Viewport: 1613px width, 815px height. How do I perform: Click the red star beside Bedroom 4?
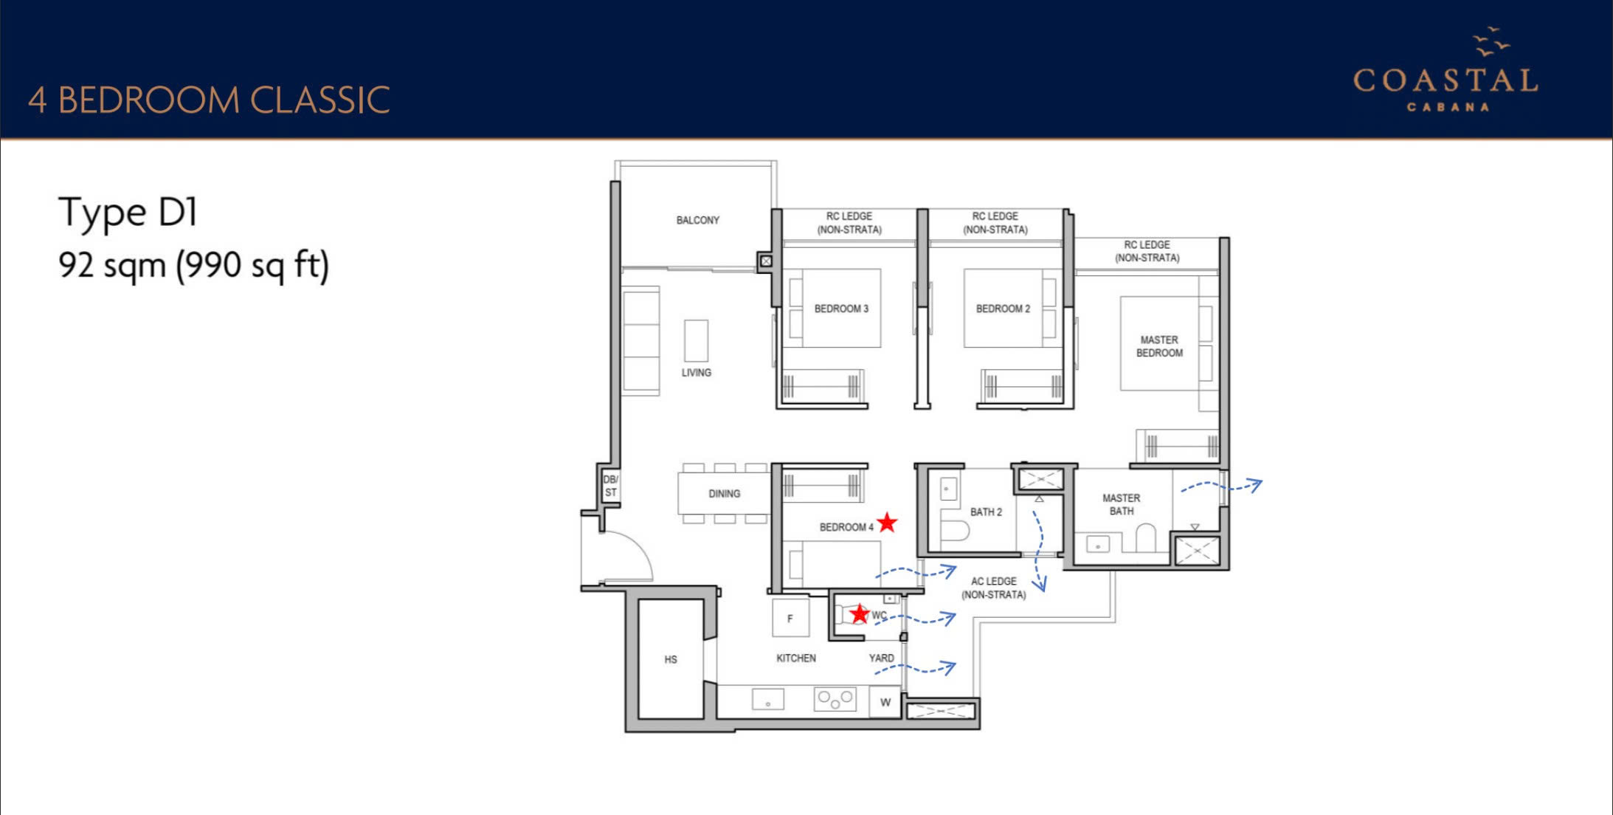point(887,523)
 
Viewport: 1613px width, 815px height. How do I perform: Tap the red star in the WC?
point(859,613)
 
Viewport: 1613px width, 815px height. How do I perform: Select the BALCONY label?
point(697,220)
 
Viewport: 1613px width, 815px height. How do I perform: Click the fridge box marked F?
point(790,618)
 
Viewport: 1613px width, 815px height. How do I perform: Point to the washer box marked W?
point(885,702)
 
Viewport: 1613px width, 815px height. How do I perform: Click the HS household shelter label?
point(670,659)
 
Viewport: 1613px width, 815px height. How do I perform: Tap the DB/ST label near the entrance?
point(610,486)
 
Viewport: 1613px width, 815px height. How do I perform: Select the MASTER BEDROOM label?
point(1159,346)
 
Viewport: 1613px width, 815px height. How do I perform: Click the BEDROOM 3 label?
point(841,309)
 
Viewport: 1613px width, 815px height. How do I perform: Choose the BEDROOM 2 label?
point(1003,309)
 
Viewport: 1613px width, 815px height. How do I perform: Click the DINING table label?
point(724,493)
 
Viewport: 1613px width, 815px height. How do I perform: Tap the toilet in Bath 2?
point(955,530)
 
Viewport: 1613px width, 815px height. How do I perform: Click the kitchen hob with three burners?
point(835,698)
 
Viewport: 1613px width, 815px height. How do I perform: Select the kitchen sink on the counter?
point(767,698)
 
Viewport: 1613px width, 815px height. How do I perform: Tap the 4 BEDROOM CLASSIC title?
point(209,100)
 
